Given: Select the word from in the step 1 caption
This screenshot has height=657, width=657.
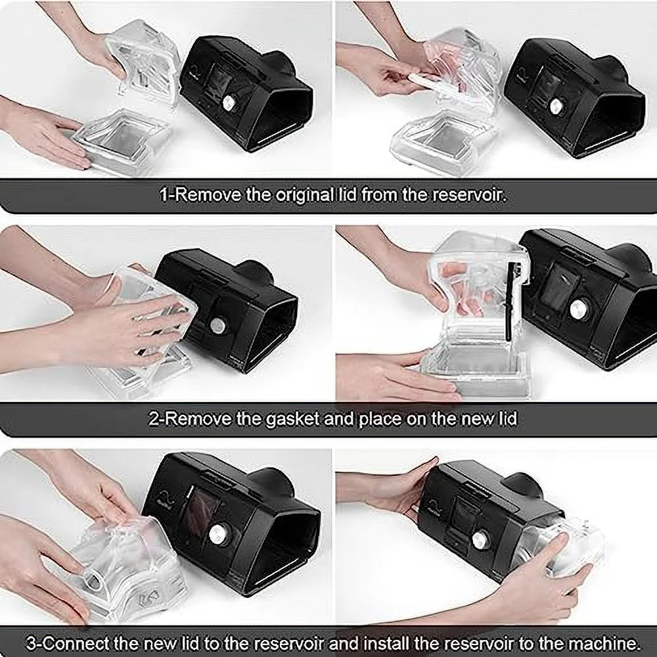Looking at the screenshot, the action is pyautogui.click(x=380, y=195).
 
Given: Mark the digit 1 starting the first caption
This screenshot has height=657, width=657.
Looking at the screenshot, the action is pyautogui.click(x=164, y=195).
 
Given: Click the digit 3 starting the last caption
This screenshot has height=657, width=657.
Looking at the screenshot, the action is pyautogui.click(x=31, y=643).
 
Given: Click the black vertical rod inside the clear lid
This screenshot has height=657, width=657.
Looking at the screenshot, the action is pyautogui.click(x=510, y=300).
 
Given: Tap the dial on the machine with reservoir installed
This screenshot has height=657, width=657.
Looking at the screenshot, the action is pyautogui.click(x=480, y=539).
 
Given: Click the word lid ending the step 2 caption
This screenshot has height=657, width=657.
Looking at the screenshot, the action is pyautogui.click(x=507, y=419).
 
